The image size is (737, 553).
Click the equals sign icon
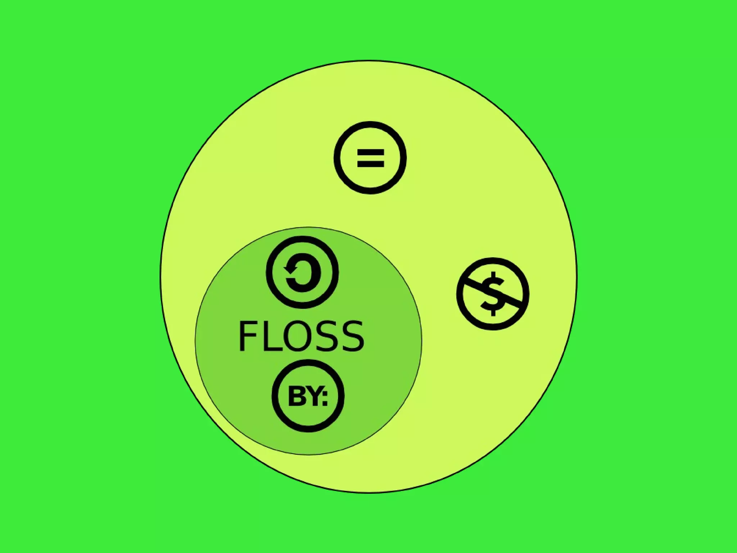pyautogui.click(x=370, y=158)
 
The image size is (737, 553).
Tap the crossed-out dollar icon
pyautogui.click(x=493, y=294)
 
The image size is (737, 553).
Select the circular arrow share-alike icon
pyautogui.click(x=302, y=272)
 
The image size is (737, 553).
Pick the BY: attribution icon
pyautogui.click(x=308, y=396)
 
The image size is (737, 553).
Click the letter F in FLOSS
pyautogui.click(x=247, y=336)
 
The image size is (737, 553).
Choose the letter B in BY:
pyautogui.click(x=296, y=397)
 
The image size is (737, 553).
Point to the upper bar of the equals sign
pyautogui.click(x=371, y=153)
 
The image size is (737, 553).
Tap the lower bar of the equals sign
pyautogui.click(x=371, y=164)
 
